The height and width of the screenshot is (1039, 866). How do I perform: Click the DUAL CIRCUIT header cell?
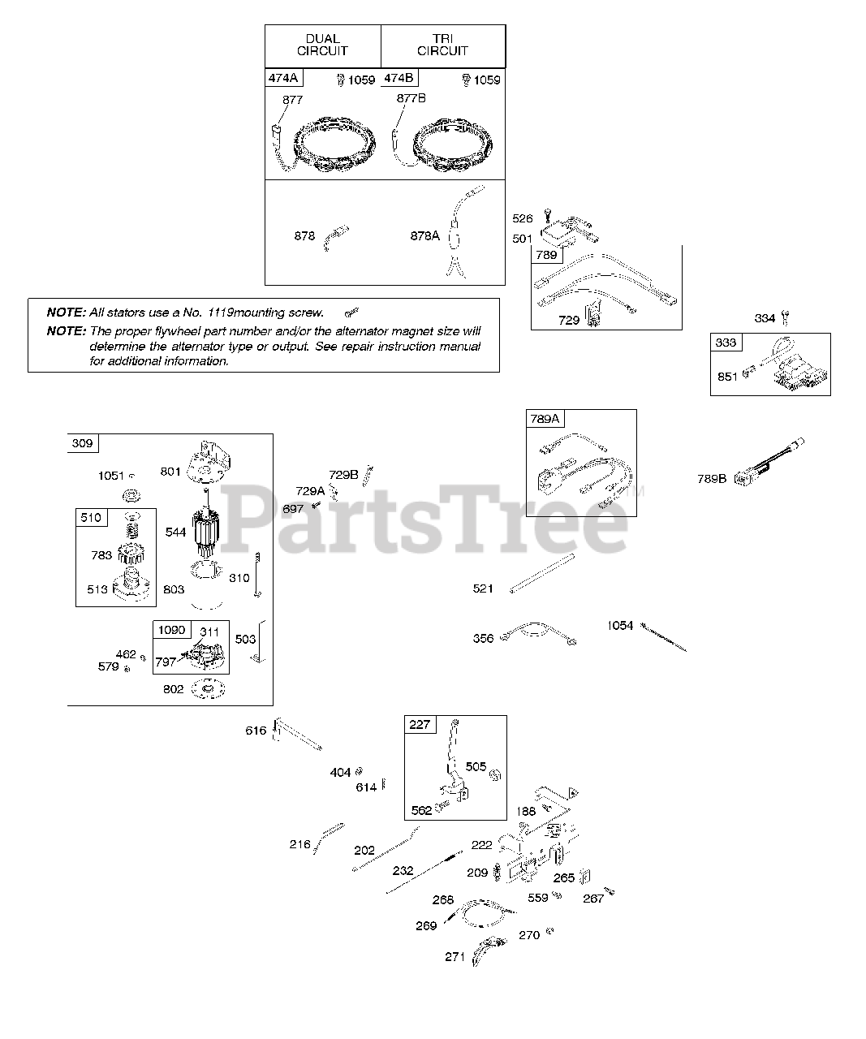(322, 45)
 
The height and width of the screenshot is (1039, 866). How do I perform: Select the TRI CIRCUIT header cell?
(442, 45)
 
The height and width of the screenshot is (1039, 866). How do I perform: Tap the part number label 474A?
(282, 79)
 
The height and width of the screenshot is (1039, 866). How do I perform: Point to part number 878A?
(424, 235)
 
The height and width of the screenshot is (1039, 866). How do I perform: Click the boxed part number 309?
(83, 443)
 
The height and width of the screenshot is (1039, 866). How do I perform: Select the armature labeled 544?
(208, 532)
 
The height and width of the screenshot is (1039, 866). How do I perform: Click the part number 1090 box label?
(171, 630)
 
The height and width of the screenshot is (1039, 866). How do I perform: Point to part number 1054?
(620, 626)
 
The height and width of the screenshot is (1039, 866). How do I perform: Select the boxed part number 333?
(726, 343)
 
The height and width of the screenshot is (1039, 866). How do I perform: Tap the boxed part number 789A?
(545, 419)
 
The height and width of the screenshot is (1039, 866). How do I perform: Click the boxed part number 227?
(420, 724)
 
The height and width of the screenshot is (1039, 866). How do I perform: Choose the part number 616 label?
(256, 731)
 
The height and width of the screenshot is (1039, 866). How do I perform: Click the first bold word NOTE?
(66, 312)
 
